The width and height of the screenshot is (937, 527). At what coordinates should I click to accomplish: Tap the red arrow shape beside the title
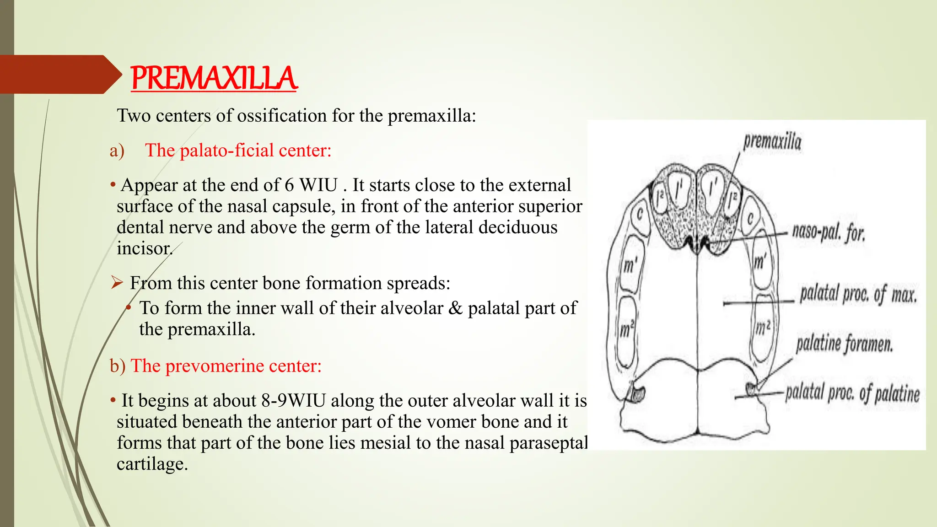(x=59, y=75)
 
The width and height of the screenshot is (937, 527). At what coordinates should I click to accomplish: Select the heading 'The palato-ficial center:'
(x=238, y=150)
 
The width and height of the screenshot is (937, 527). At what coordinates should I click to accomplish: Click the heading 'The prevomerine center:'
(x=226, y=366)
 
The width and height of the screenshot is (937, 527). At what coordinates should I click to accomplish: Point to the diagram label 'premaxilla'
(x=772, y=141)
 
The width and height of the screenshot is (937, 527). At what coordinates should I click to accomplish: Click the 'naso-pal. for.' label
(x=828, y=232)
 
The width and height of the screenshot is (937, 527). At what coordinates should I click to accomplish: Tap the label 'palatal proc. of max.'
(x=858, y=294)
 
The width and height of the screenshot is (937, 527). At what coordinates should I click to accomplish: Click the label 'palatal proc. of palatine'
(x=852, y=393)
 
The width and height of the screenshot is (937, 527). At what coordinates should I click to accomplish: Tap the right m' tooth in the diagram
(x=760, y=263)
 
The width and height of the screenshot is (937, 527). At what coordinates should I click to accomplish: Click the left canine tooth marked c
(x=640, y=214)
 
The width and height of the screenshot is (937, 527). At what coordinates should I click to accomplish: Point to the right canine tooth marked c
(x=750, y=219)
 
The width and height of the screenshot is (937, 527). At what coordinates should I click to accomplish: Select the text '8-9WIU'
(x=293, y=400)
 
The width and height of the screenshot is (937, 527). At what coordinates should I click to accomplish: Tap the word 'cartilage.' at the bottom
(x=152, y=464)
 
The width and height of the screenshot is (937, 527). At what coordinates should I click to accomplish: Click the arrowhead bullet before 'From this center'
(x=117, y=283)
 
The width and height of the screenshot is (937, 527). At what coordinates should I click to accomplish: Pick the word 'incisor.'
(x=145, y=248)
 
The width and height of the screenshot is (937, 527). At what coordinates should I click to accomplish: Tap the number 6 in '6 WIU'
(x=289, y=185)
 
